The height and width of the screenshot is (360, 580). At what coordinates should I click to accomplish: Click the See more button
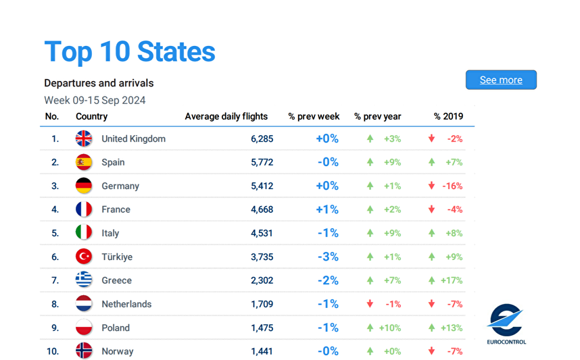pyautogui.click(x=501, y=80)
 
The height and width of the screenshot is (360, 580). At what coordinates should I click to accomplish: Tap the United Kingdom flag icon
pyautogui.click(x=84, y=138)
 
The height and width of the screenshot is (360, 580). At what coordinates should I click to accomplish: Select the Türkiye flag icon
pyautogui.click(x=84, y=257)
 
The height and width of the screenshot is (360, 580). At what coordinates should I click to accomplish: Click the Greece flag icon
pyautogui.click(x=84, y=280)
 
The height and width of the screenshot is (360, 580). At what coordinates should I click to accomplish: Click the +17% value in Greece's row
pyautogui.click(x=451, y=280)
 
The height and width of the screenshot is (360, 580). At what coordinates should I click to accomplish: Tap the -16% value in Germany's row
pyautogui.click(x=452, y=186)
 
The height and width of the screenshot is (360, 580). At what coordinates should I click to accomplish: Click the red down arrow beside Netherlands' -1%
pyautogui.click(x=370, y=304)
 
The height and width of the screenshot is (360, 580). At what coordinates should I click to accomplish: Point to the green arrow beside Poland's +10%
pyautogui.click(x=370, y=328)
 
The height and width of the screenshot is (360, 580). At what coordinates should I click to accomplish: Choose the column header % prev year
pyautogui.click(x=377, y=116)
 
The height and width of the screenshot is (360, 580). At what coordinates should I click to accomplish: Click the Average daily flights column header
pyautogui.click(x=226, y=116)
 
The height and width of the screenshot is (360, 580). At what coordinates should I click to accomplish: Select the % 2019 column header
pyautogui.click(x=448, y=116)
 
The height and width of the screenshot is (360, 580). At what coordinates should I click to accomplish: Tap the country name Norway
pyautogui.click(x=118, y=351)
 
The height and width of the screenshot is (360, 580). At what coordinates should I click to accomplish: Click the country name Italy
pyautogui.click(x=110, y=233)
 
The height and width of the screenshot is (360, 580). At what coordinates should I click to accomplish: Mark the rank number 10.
pyautogui.click(x=53, y=351)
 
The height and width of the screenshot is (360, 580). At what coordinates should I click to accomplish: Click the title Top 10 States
pyautogui.click(x=130, y=52)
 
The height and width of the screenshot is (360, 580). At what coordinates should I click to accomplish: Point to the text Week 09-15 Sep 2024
pyautogui.click(x=95, y=100)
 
